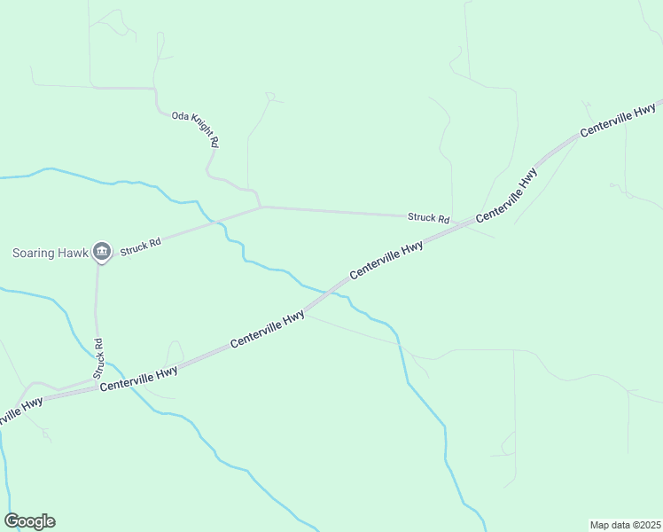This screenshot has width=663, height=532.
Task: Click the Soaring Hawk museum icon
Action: tap(102, 253)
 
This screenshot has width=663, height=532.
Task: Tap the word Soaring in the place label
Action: tap(36, 253)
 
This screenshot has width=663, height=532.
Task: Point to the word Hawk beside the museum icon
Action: tap(75, 253)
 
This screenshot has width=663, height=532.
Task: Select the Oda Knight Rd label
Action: tap(195, 129)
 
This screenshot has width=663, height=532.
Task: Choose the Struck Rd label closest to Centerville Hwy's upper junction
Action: tap(428, 217)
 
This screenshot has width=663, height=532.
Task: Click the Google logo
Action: tap(29, 521)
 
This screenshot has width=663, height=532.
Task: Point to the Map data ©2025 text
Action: tap(625, 525)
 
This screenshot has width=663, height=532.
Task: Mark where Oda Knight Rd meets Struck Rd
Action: tap(260, 207)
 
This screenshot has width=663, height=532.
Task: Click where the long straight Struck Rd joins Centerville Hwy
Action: tap(468, 223)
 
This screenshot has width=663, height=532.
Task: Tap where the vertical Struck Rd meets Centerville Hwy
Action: tap(97, 382)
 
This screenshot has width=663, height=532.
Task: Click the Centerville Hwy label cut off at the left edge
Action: tap(19, 411)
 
